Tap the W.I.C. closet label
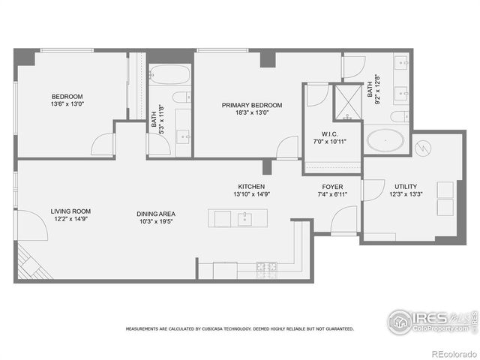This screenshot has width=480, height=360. pyautogui.click(x=331, y=133)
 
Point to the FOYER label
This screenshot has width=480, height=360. pyautogui.click(x=333, y=187)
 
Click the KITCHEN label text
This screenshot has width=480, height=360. pyautogui.click(x=251, y=187)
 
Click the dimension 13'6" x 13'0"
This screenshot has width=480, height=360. pyautogui.click(x=67, y=104)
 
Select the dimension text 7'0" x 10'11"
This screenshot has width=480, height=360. pyautogui.click(x=331, y=141)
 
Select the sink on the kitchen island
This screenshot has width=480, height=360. pyautogui.click(x=244, y=219)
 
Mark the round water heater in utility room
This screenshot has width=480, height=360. pyautogui.click(x=423, y=148)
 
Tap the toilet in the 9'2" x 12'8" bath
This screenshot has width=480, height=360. pyautogui.click(x=400, y=116)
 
